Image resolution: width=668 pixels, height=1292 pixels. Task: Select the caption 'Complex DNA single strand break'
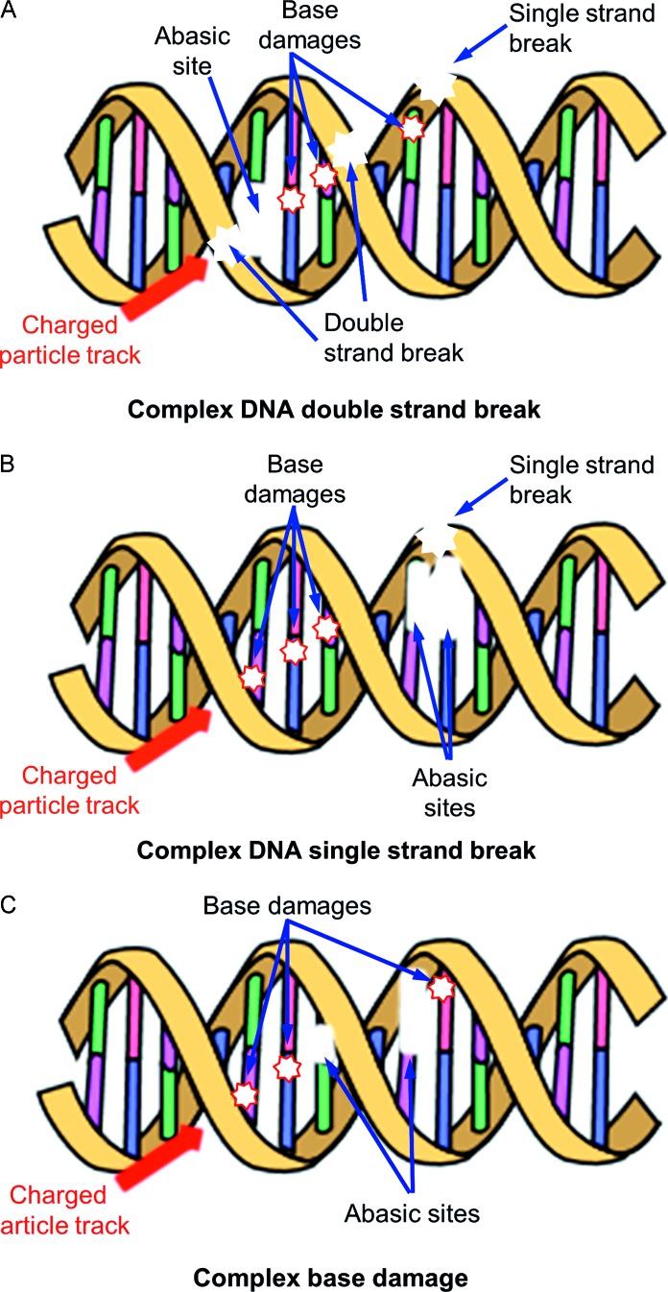pos(334,849)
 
